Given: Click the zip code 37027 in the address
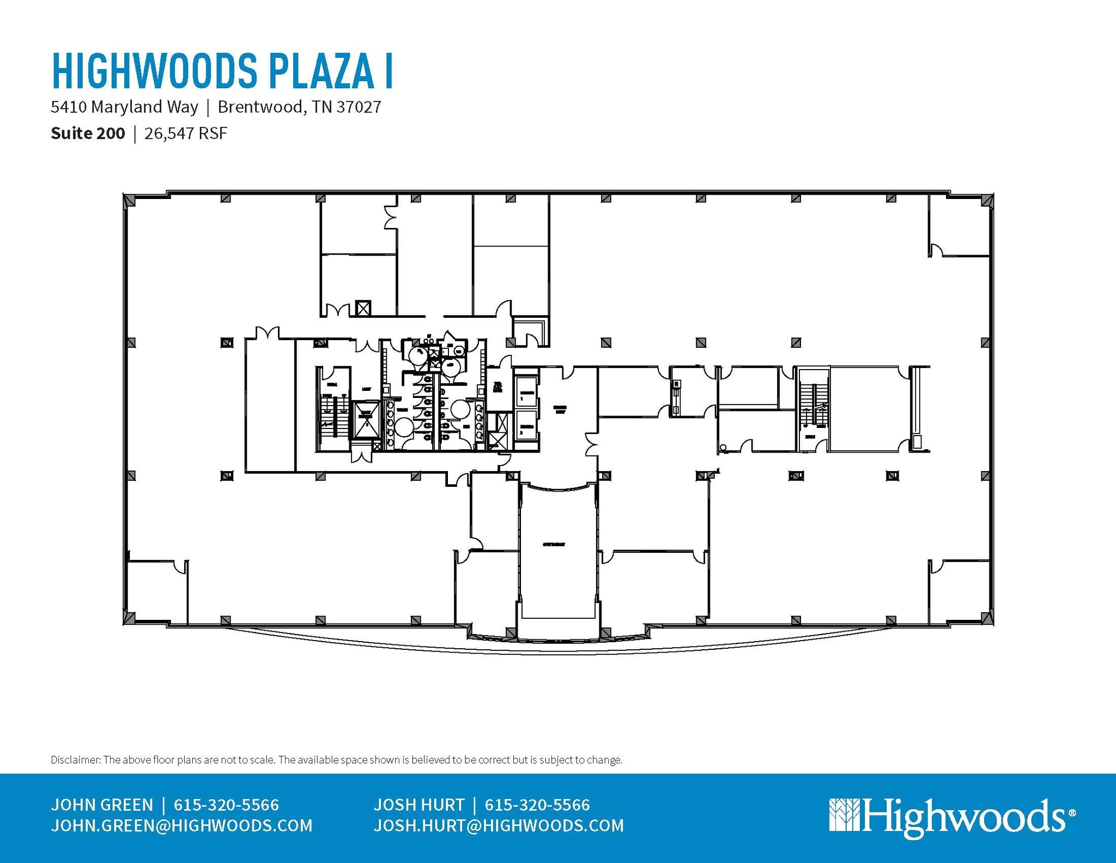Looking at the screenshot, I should point(359,107).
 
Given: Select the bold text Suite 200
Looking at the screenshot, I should point(88,134).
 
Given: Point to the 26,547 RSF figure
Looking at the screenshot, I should point(185,134).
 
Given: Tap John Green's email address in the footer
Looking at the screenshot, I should point(181,825).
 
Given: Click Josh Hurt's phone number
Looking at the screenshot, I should point(537,805).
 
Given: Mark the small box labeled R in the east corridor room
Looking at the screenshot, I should point(676,384).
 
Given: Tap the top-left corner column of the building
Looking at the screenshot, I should point(130,200).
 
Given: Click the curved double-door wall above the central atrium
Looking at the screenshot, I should point(557,487).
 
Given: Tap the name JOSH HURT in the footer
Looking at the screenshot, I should point(418,805).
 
